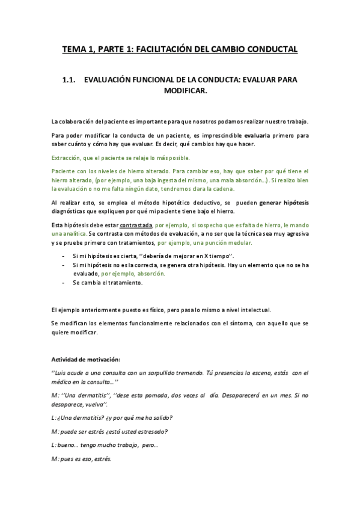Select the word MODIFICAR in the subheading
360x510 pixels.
coord(185,91)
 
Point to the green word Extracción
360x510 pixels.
coord(64,158)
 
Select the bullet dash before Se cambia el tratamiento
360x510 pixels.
coord(64,282)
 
